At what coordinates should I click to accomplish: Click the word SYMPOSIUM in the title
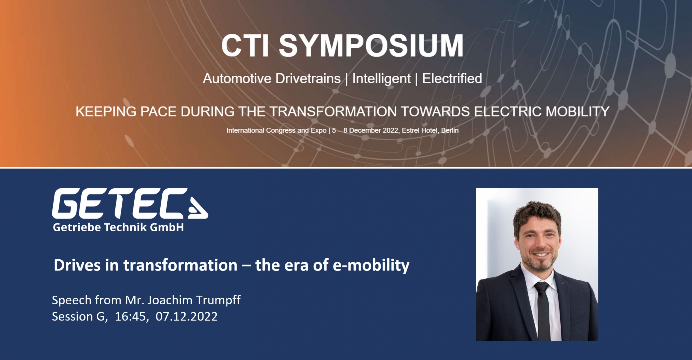click(x=371, y=45)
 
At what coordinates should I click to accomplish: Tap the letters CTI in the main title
click(x=245, y=45)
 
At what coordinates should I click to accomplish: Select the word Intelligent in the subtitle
click(x=381, y=79)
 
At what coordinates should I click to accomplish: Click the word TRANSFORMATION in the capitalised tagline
click(x=333, y=111)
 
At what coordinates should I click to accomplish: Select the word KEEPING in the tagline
click(x=106, y=111)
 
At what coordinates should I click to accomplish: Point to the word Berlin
click(x=450, y=130)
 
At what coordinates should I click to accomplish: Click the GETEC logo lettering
click(x=119, y=203)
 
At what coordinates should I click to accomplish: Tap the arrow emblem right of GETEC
click(x=198, y=208)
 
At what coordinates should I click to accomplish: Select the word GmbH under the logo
click(x=167, y=227)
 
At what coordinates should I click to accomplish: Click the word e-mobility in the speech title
click(x=371, y=265)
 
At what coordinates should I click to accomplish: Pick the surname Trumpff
click(x=218, y=300)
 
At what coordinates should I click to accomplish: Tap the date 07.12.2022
click(x=187, y=316)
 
